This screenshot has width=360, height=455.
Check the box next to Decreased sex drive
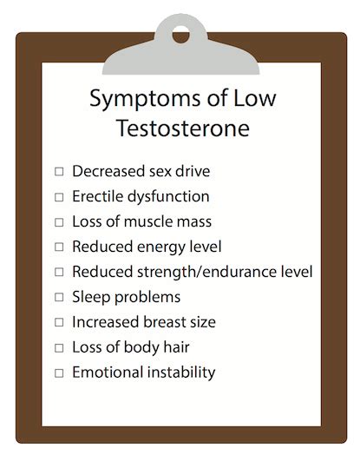click(x=59, y=172)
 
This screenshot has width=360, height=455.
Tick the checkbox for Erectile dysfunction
click(x=59, y=197)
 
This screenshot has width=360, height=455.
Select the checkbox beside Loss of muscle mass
click(x=59, y=222)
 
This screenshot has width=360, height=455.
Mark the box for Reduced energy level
click(x=59, y=247)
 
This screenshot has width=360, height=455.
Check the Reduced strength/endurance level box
click(x=59, y=272)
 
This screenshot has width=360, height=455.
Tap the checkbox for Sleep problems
click(x=59, y=298)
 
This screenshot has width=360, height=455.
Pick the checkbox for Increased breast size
click(x=59, y=322)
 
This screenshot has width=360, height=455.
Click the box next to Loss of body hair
click(x=59, y=348)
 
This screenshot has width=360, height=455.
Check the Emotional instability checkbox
click(x=59, y=373)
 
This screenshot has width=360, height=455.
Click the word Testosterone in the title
click(x=183, y=128)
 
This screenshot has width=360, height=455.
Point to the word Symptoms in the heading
click(x=145, y=100)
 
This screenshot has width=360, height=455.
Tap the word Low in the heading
click(x=255, y=98)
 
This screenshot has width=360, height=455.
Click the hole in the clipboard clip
click(x=181, y=34)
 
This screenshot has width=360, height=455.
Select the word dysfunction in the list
click(x=168, y=197)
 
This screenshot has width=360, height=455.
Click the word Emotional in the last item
click(x=108, y=373)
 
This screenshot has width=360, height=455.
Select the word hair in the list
click(x=176, y=347)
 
